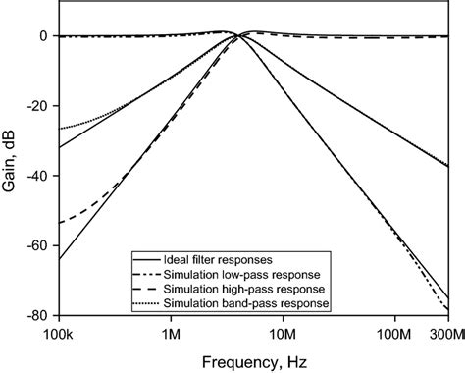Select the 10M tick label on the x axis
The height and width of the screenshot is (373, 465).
point(283,334)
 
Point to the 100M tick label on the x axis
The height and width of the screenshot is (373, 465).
point(394,334)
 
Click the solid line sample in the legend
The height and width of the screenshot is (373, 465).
point(149,256)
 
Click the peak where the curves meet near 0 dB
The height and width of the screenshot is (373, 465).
point(238,35)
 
